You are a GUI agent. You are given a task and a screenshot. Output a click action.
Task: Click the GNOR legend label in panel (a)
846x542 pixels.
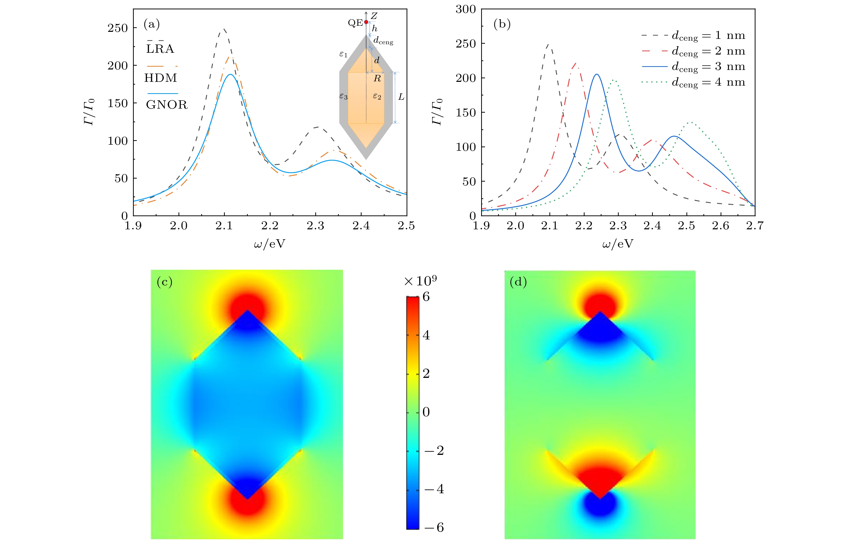tap(167, 105)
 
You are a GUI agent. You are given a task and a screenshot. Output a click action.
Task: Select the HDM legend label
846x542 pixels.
tap(161, 78)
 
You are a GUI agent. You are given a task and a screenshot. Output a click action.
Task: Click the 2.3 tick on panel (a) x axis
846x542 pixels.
tap(315, 226)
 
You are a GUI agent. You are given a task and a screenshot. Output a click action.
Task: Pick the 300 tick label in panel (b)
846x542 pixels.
tap(465, 10)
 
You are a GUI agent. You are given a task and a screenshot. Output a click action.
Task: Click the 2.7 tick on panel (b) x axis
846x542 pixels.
tap(755, 226)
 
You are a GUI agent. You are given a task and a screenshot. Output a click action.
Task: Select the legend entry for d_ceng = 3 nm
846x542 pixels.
tap(708, 67)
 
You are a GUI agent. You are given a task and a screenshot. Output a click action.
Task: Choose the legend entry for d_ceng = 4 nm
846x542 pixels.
tap(708, 82)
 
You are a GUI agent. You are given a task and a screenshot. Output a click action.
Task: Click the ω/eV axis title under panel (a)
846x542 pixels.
tap(270, 243)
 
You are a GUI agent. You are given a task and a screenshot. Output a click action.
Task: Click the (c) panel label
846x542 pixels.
tap(165, 282)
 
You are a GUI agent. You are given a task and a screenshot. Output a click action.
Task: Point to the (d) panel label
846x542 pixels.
tap(518, 282)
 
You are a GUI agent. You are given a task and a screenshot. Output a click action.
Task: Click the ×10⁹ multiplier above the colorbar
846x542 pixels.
tap(420, 281)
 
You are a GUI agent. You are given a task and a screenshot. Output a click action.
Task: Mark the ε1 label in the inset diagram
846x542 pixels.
tap(343, 55)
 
